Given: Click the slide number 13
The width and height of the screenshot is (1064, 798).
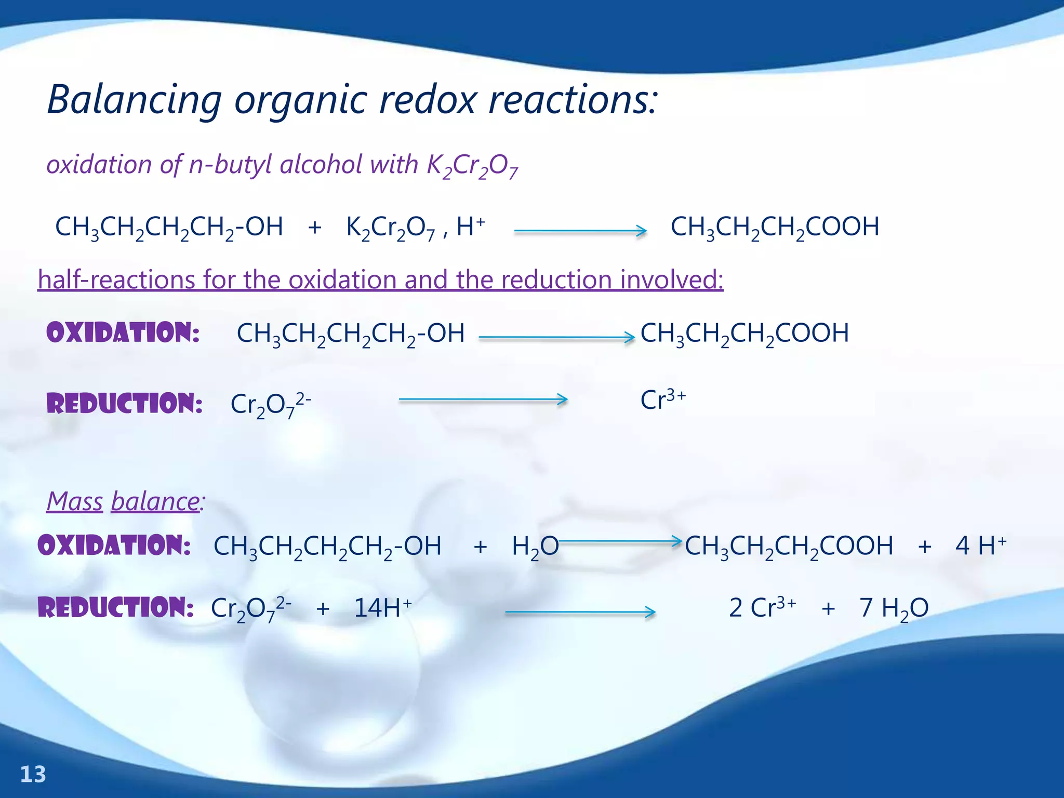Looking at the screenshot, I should (x=33, y=775).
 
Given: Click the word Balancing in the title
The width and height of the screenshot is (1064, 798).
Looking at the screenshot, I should (x=135, y=100).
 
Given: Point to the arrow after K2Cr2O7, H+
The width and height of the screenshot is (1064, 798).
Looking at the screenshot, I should (x=580, y=231).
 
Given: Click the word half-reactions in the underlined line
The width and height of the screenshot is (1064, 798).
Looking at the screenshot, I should (x=116, y=280).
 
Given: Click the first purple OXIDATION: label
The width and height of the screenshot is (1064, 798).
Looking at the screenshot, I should (x=123, y=332).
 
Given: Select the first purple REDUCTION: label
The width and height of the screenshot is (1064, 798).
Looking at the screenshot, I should (x=125, y=404).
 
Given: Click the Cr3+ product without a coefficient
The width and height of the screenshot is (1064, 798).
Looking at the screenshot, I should (x=663, y=400).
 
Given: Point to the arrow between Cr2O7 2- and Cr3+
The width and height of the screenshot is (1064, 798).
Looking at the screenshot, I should (x=483, y=400).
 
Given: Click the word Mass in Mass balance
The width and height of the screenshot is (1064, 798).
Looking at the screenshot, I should (x=75, y=502).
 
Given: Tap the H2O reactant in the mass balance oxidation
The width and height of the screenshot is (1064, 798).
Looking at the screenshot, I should (x=535, y=547).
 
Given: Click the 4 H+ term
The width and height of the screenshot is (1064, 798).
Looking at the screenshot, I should (x=980, y=546).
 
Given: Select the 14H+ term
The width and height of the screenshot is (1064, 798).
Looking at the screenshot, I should (x=382, y=607).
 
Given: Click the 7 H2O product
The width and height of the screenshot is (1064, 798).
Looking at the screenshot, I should (x=894, y=608).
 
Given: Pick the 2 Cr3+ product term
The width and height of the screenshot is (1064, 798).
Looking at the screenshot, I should (x=762, y=607).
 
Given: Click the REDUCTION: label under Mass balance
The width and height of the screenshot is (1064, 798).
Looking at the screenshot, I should (x=116, y=607).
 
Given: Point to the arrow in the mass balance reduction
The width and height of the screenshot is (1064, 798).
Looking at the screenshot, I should (x=580, y=613).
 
